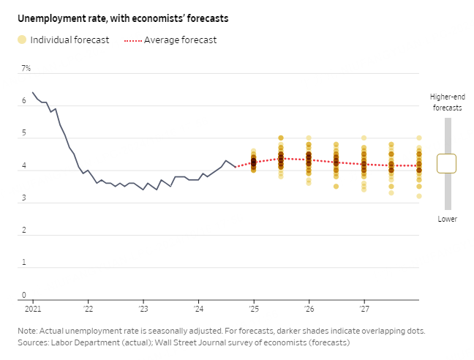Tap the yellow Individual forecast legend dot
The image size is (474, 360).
click(x=22, y=40)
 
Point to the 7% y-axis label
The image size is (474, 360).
click(x=26, y=68)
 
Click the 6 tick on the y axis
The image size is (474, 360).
click(x=23, y=101)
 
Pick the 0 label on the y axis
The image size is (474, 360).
click(x=23, y=295)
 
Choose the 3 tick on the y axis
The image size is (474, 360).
click(x=23, y=198)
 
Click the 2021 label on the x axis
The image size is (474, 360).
click(x=32, y=310)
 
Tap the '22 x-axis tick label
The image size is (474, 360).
click(x=88, y=310)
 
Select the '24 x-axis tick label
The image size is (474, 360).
click(x=198, y=310)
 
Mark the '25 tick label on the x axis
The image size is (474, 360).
click(x=253, y=310)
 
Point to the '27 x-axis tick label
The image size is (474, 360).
click(x=364, y=310)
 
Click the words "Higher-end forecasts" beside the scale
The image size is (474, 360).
click(x=446, y=102)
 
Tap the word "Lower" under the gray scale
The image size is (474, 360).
click(x=448, y=219)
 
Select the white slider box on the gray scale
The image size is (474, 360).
click(x=446, y=163)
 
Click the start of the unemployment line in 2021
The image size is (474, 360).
click(x=33, y=93)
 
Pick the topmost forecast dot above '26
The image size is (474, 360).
click(x=309, y=138)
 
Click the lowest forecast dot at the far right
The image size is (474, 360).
click(x=419, y=196)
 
